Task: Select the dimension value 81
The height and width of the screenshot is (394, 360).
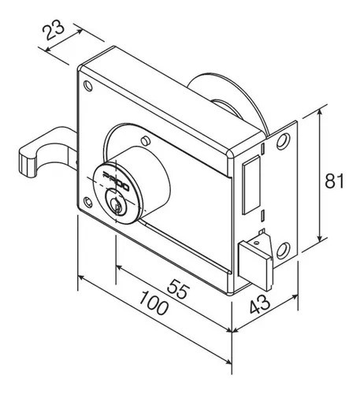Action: tap(334, 180)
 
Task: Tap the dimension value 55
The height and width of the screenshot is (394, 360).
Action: tap(179, 289)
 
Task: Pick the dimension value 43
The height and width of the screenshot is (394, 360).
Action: tap(260, 304)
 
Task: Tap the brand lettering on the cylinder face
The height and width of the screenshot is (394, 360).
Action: tap(116, 181)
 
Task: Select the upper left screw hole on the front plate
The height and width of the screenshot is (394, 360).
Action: tap(88, 86)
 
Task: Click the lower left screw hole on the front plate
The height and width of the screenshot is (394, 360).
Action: tap(87, 203)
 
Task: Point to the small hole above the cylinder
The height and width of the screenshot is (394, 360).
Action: tap(146, 141)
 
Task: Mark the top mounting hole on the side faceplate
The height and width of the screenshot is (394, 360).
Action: tap(284, 141)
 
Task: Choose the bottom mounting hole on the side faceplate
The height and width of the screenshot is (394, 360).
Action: tap(284, 251)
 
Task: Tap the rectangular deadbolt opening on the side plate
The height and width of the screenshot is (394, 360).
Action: tap(251, 184)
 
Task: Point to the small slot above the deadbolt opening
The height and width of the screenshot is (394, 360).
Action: tap(263, 148)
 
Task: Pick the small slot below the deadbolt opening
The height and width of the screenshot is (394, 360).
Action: tap(262, 215)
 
